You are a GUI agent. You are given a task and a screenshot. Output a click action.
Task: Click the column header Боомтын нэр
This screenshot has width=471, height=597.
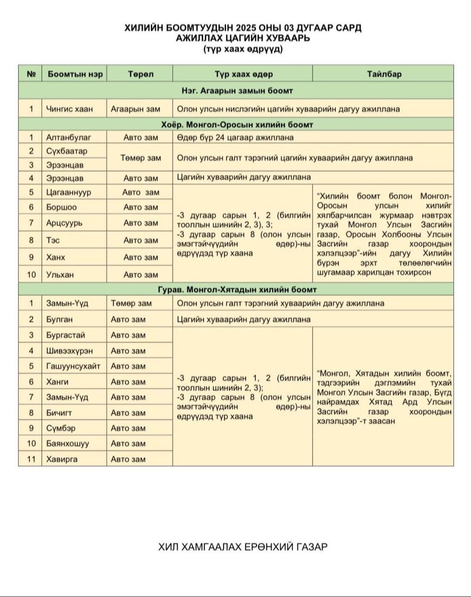pos(75,74)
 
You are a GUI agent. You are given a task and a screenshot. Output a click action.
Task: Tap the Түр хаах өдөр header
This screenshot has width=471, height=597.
pos(243,74)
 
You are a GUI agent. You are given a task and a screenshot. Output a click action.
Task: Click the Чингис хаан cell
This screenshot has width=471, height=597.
pos(69,109)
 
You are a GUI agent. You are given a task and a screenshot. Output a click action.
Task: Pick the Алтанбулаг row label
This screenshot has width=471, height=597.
pos(68,137)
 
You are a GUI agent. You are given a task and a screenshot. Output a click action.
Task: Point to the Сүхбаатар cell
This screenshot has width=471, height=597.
pos(67,151)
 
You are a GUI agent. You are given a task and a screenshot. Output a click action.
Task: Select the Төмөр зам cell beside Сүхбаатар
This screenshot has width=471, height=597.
pos(140,158)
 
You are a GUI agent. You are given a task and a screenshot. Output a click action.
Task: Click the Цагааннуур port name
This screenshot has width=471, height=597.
pos(68,192)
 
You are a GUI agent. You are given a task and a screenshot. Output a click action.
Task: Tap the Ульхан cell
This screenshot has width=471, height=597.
pos(60,274)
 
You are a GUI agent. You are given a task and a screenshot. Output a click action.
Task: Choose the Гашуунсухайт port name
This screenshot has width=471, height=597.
pos(73,366)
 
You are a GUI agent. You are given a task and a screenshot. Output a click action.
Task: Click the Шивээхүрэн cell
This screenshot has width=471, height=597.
pos(69,351)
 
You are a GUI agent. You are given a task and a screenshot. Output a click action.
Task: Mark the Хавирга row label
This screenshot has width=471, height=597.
pos(62,459)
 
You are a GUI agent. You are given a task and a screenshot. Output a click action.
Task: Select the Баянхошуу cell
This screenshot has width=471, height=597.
pos(68,443)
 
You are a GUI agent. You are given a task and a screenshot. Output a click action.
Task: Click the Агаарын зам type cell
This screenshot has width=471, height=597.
pos(135,109)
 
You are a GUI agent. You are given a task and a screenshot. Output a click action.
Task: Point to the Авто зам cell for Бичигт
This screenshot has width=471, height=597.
pos(128,412)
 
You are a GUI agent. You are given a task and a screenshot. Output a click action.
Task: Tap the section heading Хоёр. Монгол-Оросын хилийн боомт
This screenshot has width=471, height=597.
pos(237,124)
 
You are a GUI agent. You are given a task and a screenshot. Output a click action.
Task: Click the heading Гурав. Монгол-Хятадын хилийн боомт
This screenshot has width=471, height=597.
pos(237,289)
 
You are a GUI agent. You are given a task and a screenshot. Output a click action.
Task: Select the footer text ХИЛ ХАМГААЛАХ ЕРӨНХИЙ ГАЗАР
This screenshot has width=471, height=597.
pos(243,547)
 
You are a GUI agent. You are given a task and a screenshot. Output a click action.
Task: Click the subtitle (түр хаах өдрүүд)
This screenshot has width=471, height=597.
pos(243,49)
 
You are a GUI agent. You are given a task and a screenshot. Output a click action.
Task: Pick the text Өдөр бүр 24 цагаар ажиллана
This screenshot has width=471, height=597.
pos(235,137)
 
